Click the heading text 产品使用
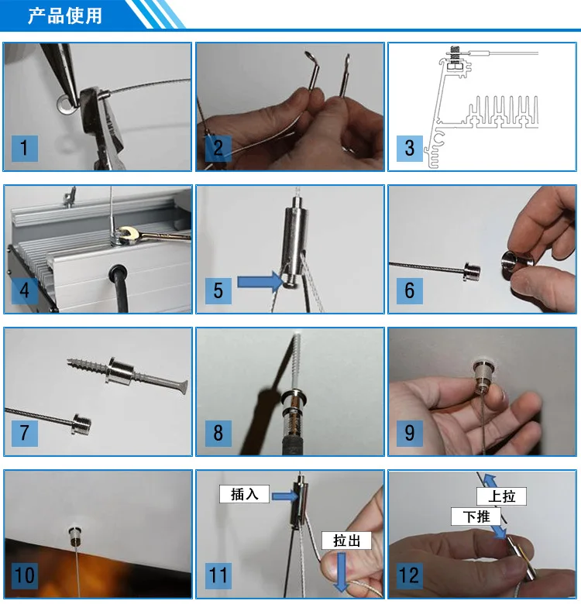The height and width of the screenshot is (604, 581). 65,15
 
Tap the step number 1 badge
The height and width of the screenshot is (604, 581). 25,149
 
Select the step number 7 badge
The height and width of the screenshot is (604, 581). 25,434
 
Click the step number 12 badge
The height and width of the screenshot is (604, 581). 409,576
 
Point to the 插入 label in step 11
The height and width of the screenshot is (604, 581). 244,494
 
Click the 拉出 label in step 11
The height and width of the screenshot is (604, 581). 346,541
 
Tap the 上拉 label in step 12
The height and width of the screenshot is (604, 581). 501,496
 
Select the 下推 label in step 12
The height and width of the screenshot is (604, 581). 476,516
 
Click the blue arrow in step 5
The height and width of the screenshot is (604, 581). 260,282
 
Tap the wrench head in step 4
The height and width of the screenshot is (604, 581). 126,235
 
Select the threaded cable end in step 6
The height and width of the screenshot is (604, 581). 472,272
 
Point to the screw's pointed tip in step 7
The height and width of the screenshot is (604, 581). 68,361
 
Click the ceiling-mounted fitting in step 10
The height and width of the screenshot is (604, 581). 74,535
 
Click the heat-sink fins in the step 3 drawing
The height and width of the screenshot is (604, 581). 503,112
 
